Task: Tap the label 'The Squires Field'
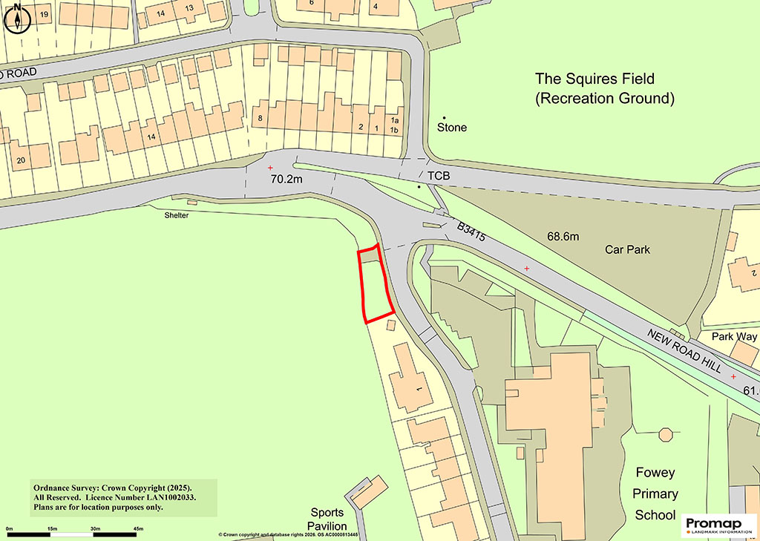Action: click(595, 79)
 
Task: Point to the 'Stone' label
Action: click(452, 128)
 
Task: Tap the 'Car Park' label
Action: click(627, 249)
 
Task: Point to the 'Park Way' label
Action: click(734, 337)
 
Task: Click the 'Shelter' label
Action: click(177, 215)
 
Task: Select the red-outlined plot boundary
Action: click(376, 284)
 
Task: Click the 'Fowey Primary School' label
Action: click(655, 494)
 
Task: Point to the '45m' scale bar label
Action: click(138, 528)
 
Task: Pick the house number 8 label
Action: click(260, 118)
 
